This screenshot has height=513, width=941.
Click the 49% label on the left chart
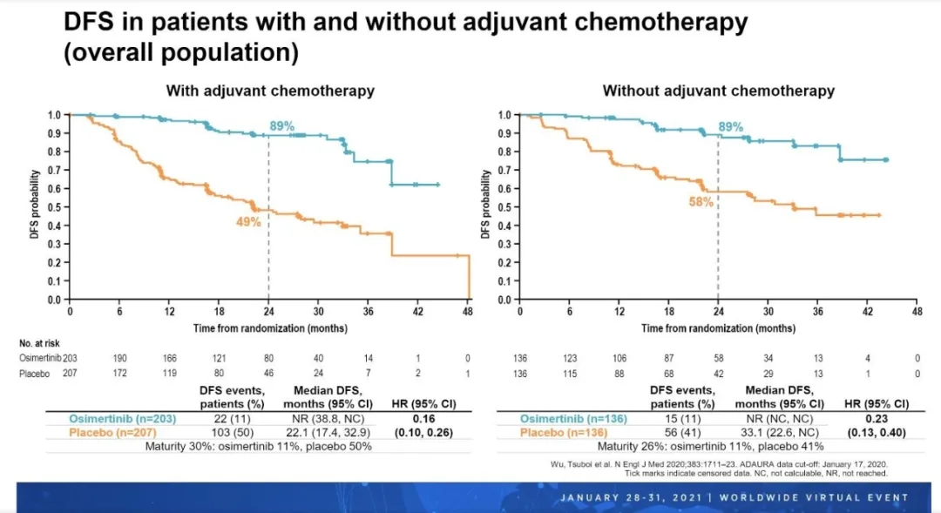pyautogui.click(x=248, y=222)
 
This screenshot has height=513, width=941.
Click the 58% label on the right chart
pyautogui.click(x=702, y=201)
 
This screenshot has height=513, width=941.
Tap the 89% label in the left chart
pyautogui.click(x=281, y=126)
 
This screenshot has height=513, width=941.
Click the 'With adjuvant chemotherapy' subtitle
pyautogui.click(x=270, y=91)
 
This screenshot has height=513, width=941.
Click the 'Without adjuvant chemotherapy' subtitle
pyautogui.click(x=718, y=91)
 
